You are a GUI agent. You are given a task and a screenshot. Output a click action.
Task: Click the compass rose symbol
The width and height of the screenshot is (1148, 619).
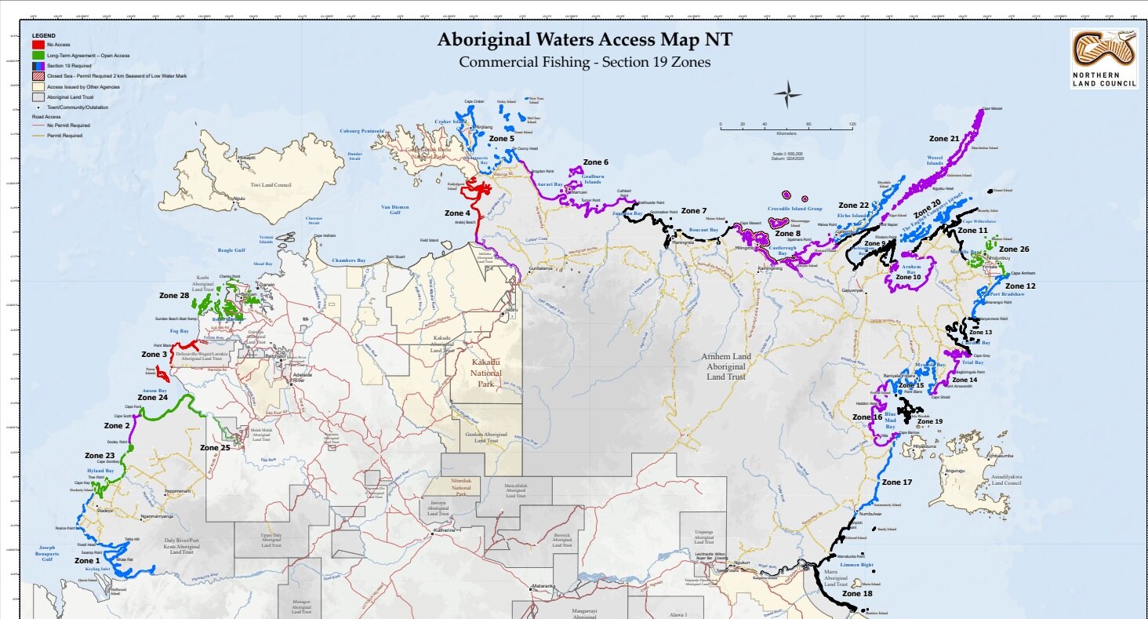[x=787, y=94]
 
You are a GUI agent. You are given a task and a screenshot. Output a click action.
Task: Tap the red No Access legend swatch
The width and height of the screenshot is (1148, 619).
[x=38, y=46]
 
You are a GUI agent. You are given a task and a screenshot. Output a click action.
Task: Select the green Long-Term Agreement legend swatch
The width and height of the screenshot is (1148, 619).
[x=38, y=56]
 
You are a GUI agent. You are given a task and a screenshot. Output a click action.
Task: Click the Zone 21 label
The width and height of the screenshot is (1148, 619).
[x=944, y=139]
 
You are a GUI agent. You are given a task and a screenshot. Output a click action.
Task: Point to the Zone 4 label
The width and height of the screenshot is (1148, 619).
[x=457, y=213]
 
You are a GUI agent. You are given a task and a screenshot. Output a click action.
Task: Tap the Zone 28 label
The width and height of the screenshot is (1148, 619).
[x=174, y=296]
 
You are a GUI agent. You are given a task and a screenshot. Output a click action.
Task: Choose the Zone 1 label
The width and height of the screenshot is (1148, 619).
[x=87, y=561]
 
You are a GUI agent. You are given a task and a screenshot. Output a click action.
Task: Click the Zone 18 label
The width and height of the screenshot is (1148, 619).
[x=856, y=594]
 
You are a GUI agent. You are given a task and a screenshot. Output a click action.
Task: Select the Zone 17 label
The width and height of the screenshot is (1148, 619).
[x=897, y=482]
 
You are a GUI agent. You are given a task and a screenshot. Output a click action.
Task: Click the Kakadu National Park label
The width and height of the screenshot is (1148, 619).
[x=490, y=368]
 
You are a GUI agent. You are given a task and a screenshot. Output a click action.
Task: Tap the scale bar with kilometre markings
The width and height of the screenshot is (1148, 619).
[x=786, y=126]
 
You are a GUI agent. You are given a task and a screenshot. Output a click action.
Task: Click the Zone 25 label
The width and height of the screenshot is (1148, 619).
[x=215, y=448]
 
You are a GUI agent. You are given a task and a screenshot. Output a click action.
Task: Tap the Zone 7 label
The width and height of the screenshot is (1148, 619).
[x=693, y=211]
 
